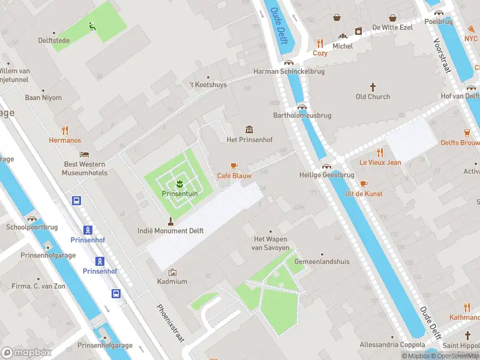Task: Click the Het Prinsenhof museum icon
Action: pos(249,130)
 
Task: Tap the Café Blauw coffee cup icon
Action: pos(234,165)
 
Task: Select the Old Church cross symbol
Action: pos(373,86)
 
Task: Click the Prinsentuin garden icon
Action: pos(178,183)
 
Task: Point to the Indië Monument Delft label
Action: pos(170,230)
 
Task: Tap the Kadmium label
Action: pos(172,281)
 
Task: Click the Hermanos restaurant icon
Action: pos(65,130)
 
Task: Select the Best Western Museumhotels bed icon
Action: pos(84,154)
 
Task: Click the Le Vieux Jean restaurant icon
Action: pos(380,152)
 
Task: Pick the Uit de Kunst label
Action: pos(364,194)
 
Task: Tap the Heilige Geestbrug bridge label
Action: pos(326,175)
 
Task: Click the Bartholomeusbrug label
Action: pos(302,115)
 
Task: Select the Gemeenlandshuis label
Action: pos(322,262)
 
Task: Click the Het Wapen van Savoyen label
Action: pos(271,243)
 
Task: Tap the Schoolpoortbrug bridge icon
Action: pos(31,218)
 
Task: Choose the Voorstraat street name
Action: pos(442,56)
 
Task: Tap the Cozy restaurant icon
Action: pos(320,43)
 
